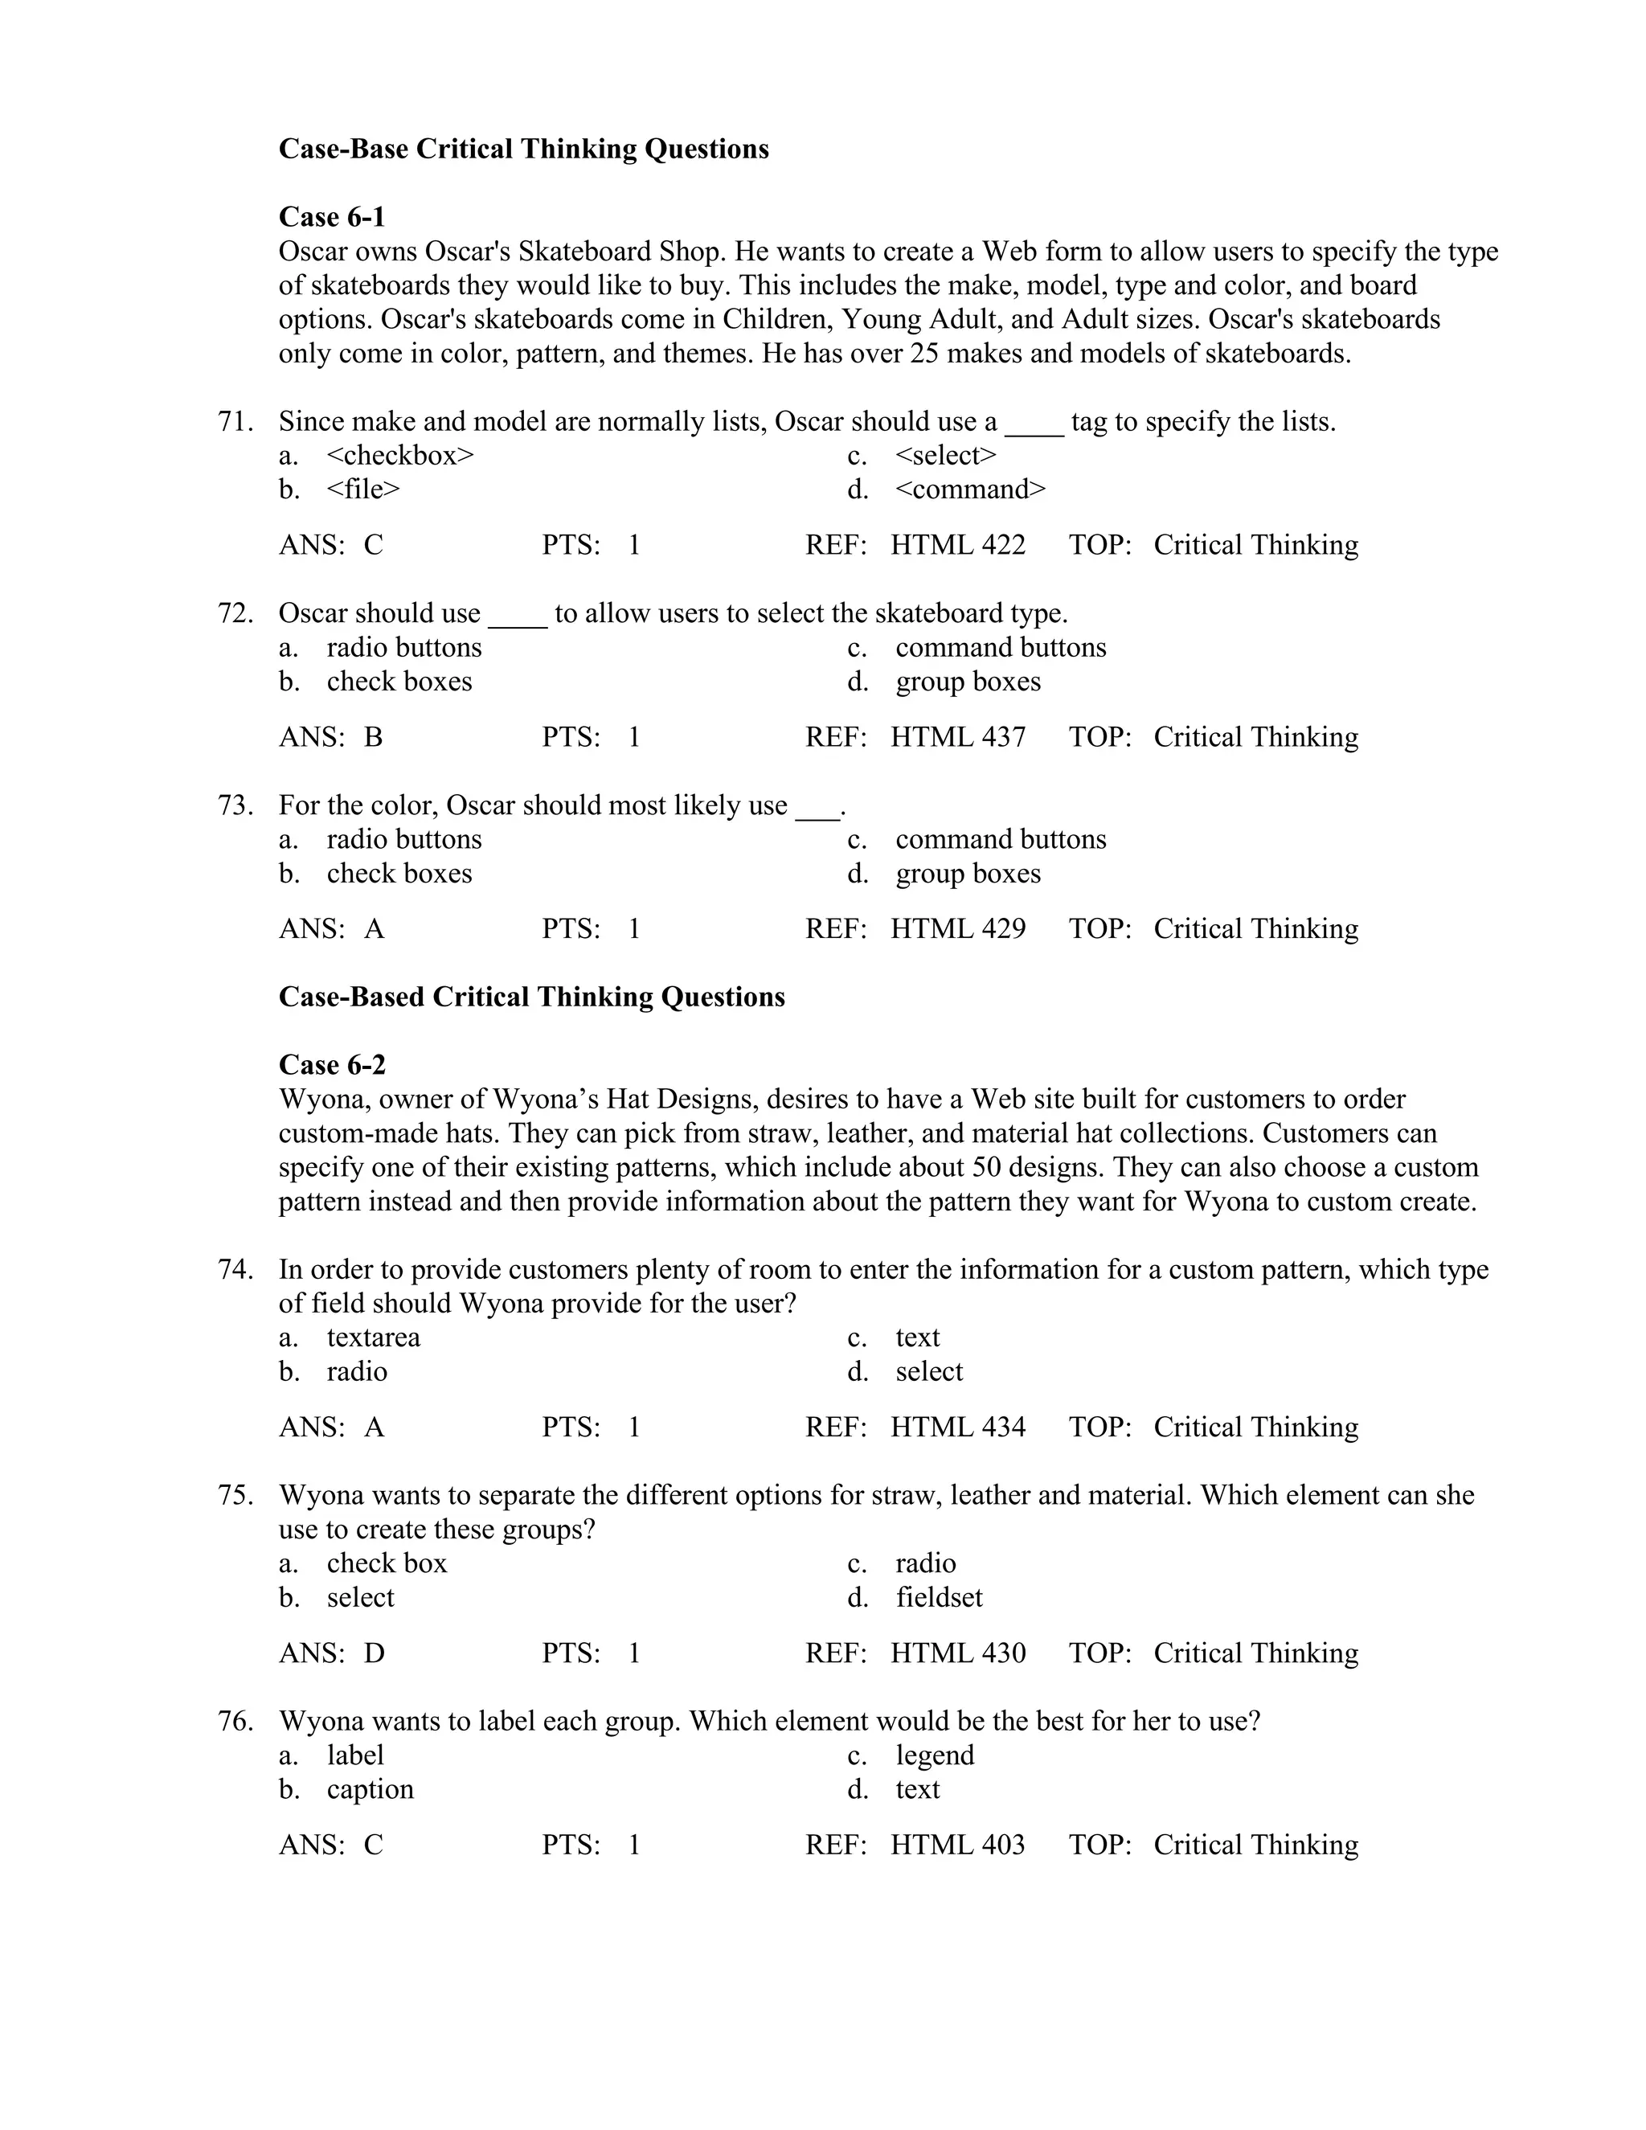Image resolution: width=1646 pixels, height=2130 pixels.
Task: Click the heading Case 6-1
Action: (332, 216)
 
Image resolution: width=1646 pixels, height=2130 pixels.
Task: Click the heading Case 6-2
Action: (332, 1064)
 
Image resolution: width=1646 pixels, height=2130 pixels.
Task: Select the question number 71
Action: (235, 421)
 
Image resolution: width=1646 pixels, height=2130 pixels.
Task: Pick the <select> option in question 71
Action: (945, 456)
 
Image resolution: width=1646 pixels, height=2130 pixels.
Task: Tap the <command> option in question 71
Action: (969, 489)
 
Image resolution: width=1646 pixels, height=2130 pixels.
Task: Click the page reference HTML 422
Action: (956, 544)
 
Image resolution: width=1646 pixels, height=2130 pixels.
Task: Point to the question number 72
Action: (235, 613)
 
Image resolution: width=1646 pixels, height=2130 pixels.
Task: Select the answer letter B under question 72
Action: (374, 736)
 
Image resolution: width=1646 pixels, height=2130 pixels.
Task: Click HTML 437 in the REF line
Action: (956, 736)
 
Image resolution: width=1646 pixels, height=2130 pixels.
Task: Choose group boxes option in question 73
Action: (968, 873)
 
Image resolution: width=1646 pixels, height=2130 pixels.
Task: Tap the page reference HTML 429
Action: (956, 928)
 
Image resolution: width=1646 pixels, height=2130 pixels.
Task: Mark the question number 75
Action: (235, 1495)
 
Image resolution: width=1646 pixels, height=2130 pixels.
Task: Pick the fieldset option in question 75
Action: (938, 1598)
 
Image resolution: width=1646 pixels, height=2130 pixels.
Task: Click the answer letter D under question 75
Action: (375, 1653)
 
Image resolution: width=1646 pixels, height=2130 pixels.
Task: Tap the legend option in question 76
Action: (934, 1755)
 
